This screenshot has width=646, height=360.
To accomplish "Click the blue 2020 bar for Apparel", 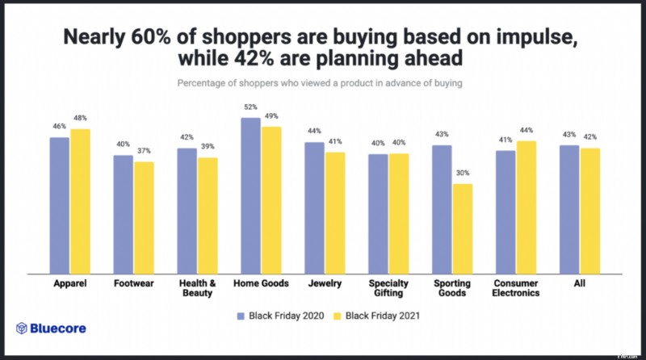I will pos(60,206).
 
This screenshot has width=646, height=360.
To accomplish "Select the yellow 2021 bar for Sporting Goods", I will pos(463,229).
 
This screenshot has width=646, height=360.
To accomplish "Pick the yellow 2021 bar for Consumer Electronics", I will pos(526,207).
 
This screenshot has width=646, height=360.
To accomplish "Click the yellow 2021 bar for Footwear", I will pos(145,218).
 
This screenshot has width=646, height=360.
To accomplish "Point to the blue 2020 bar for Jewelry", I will pos(315,208).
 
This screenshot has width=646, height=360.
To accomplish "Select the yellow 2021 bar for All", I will pos(590,211).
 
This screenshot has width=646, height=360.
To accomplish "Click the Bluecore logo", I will pos(52,329).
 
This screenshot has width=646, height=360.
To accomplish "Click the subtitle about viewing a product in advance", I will pos(323,83).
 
